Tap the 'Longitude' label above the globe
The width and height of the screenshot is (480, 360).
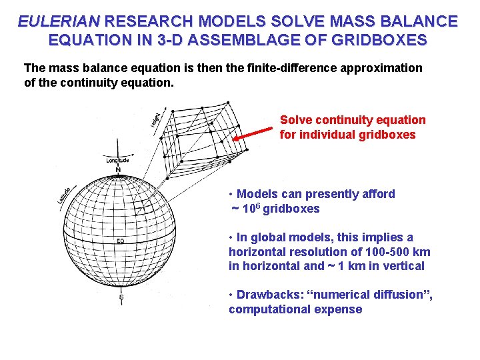[x=118, y=160]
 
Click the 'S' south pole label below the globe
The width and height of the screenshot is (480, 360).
[x=121, y=297]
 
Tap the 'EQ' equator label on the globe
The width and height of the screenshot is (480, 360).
[x=121, y=240]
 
